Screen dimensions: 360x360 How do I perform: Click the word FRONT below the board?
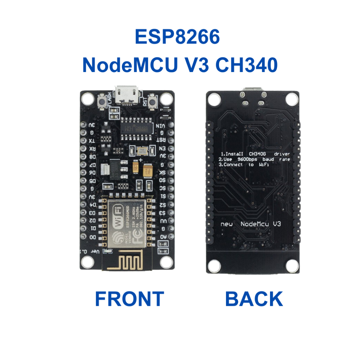tap(129, 299)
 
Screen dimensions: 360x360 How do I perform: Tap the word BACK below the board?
tap(254, 299)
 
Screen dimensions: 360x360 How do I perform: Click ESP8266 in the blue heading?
tap(177, 37)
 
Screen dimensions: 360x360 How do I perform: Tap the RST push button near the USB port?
tap(153, 103)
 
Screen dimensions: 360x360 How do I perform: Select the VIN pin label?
tap(162, 125)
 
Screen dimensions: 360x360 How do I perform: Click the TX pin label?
tap(91, 141)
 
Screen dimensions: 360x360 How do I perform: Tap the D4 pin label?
tap(92, 205)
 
